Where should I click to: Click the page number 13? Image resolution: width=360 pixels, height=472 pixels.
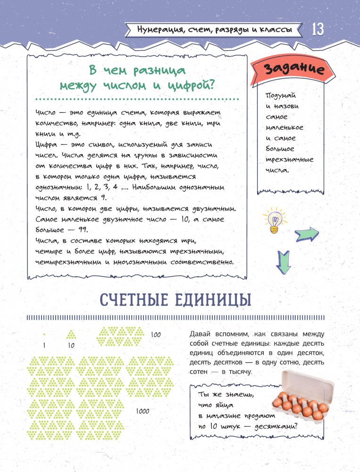click(x=317, y=30)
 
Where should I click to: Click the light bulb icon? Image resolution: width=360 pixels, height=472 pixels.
click(x=275, y=220)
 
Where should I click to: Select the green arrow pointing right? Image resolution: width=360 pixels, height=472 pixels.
click(x=306, y=233)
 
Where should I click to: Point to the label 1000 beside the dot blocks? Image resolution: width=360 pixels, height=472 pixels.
click(x=142, y=411)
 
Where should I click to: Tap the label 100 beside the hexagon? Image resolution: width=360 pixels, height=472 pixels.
click(x=156, y=335)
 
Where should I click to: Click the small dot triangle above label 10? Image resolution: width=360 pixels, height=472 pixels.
click(x=71, y=335)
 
